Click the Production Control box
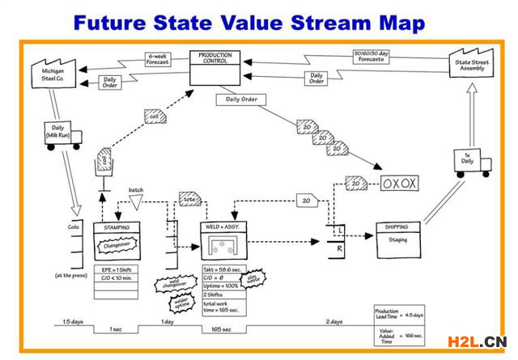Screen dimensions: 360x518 pos(216,68)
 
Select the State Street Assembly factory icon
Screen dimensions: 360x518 pos(471,62)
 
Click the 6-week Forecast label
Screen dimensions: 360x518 pos(158,59)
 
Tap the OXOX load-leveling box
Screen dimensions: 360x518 pos(399,183)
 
